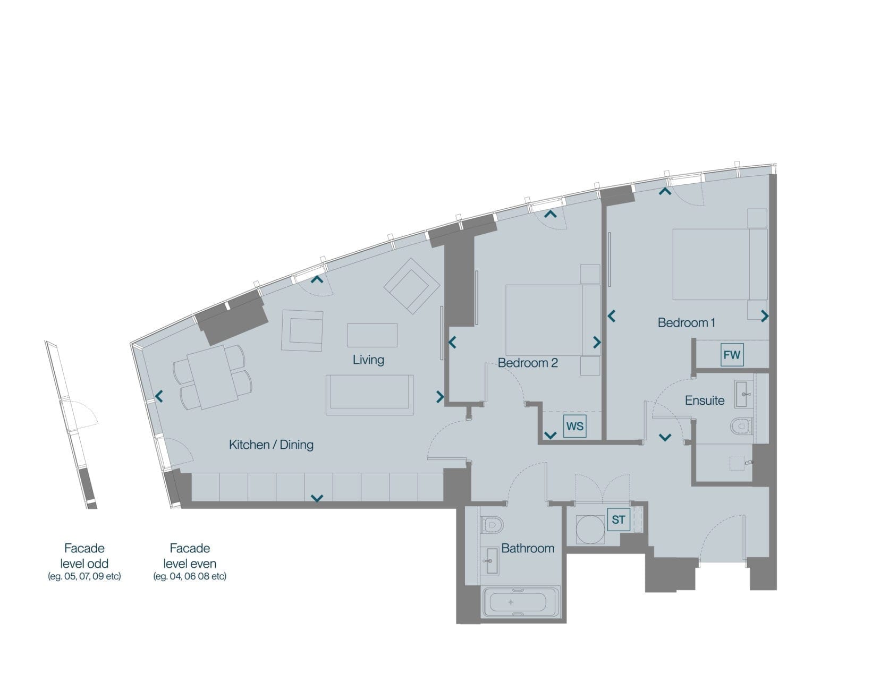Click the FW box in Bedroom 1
[x=732, y=354]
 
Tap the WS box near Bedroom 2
[x=574, y=426]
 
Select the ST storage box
[x=618, y=519]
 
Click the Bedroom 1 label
[x=686, y=323]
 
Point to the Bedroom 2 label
[x=528, y=363]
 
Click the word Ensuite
[x=705, y=400]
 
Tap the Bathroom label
[x=528, y=548]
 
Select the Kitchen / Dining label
[x=271, y=445]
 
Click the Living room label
[x=368, y=360]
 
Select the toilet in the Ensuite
[x=741, y=426]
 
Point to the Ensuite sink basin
[x=744, y=394]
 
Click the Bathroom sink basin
[x=490, y=561]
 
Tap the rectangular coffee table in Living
[x=372, y=335]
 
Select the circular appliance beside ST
[x=590, y=530]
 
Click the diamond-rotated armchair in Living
[x=412, y=286]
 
